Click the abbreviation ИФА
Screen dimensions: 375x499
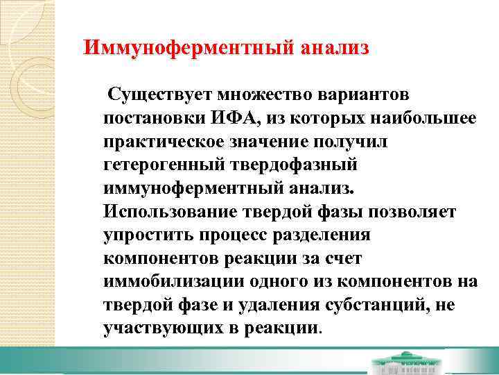(234, 117)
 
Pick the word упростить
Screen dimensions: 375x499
(143, 234)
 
